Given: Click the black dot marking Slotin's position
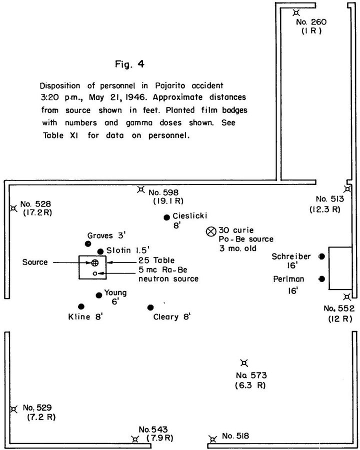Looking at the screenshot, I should (100, 251).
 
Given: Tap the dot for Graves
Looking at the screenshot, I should (88, 243).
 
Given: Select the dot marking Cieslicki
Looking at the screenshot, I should (166, 217).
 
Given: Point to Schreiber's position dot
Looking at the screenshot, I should (321, 256).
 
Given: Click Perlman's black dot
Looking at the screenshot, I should (321, 278).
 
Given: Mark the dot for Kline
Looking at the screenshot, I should (81, 306).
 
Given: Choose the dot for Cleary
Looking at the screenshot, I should (150, 307).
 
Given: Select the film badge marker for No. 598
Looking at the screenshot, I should (141, 189).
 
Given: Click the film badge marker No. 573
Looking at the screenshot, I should (243, 363).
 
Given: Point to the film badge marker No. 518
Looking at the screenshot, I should (213, 439).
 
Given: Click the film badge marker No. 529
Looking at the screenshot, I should (13, 408).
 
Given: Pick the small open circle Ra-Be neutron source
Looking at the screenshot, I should (94, 273).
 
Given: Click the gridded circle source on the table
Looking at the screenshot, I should (94, 262).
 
